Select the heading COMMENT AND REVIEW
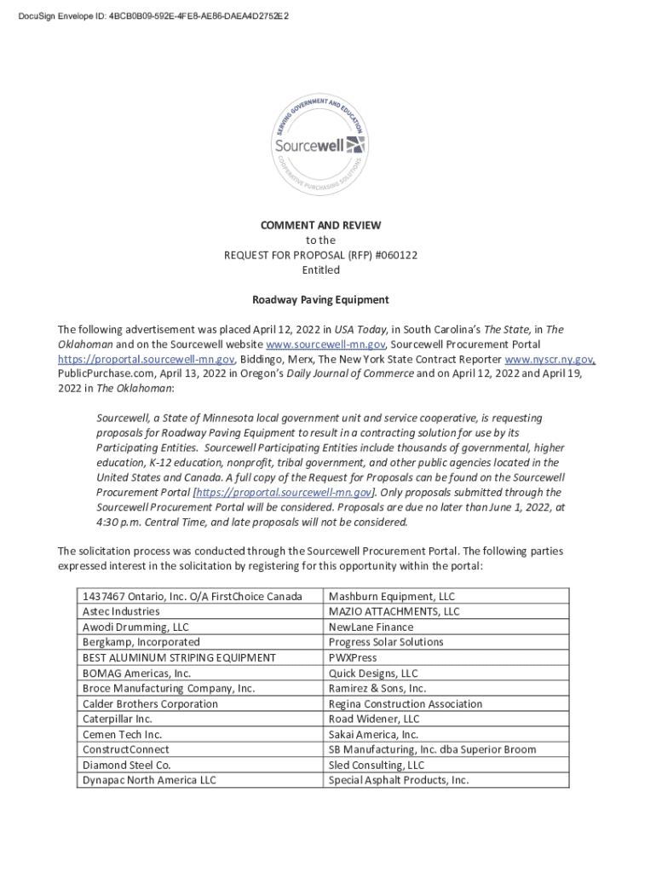pos(320,225)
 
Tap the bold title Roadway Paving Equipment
pos(320,299)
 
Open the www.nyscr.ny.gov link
pos(549,359)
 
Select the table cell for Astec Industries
pos(121,611)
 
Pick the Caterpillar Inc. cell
pos(117,719)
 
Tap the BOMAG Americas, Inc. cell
pos(136,673)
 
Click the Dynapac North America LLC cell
pos(149,780)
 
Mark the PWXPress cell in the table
pos(353,657)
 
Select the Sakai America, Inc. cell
pos(373,734)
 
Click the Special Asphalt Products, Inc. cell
pos(399,780)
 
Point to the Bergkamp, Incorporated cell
pos(141,642)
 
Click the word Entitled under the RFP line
pos(320,270)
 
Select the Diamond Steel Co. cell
pos(126,765)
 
